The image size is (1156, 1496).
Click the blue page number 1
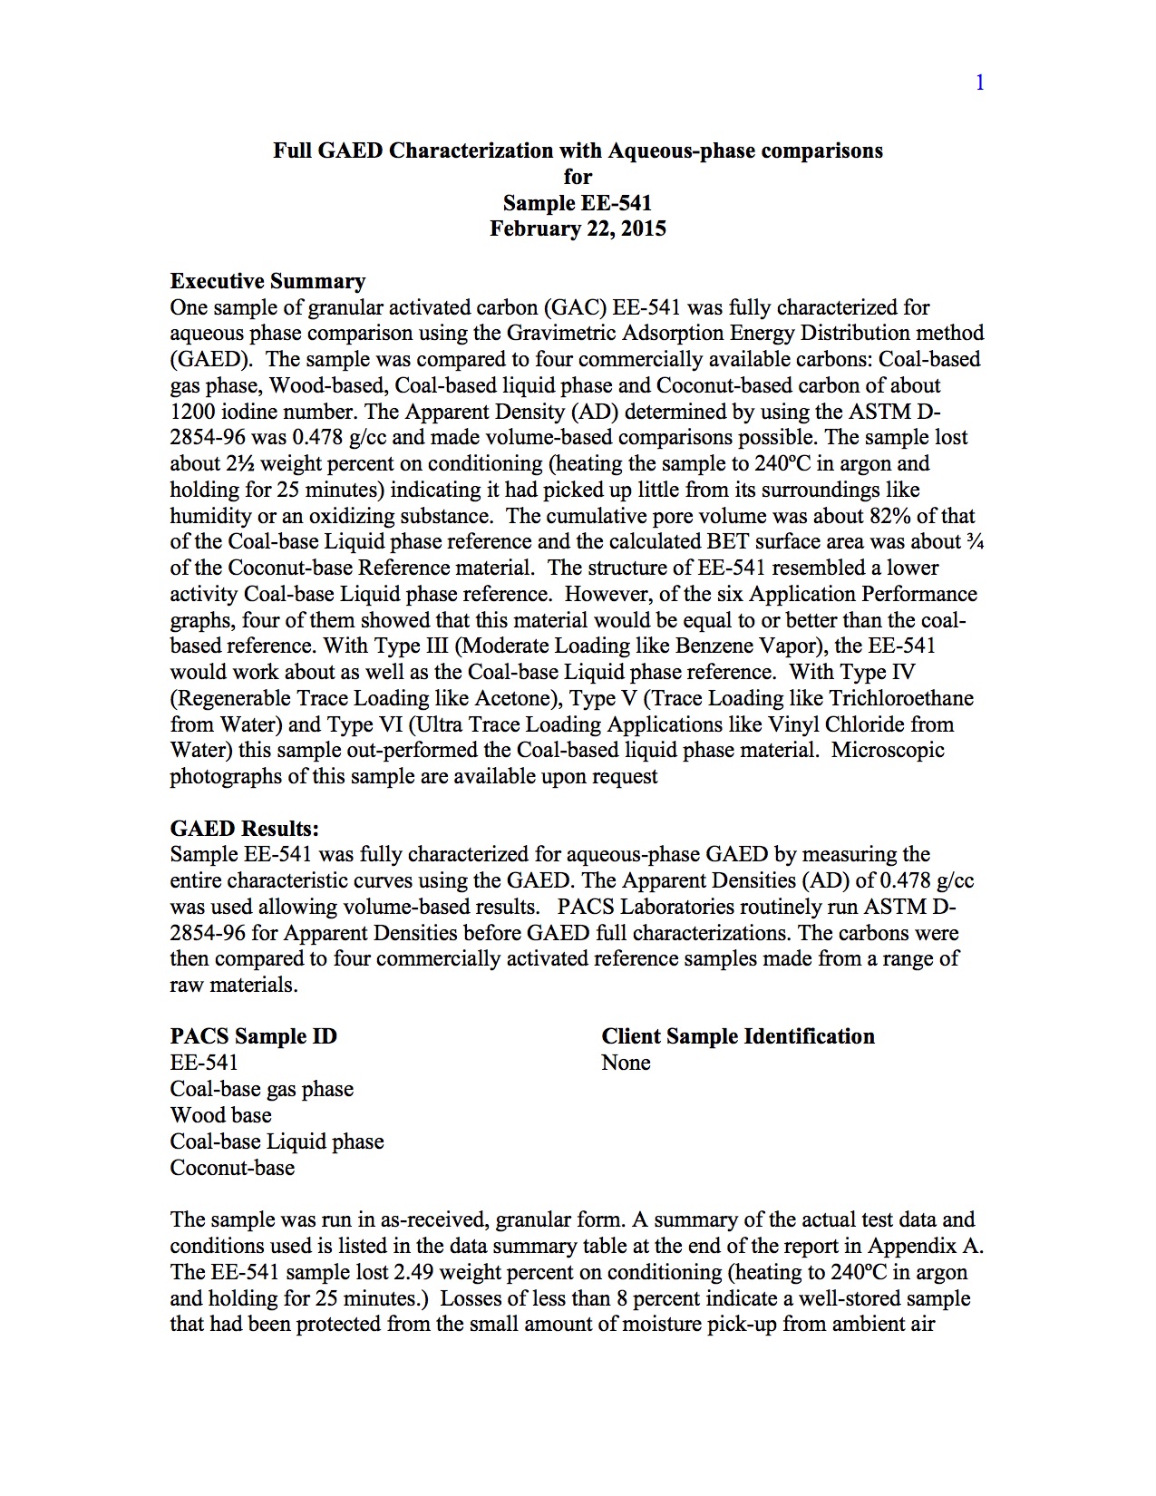point(979,83)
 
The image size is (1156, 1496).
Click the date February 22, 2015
point(578,228)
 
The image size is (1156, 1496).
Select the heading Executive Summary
point(267,281)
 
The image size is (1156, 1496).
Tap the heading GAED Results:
point(244,829)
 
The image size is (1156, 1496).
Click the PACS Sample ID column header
point(253,1036)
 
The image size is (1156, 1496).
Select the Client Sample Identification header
point(737,1036)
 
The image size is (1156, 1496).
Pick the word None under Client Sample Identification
point(626,1063)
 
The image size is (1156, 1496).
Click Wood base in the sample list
point(220,1115)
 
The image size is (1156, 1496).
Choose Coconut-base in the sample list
point(232,1168)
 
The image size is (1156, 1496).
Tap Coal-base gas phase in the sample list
point(261,1089)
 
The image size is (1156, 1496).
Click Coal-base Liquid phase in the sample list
point(277,1141)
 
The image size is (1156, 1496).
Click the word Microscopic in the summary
point(888,751)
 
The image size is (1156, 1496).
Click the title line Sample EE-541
point(578,203)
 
